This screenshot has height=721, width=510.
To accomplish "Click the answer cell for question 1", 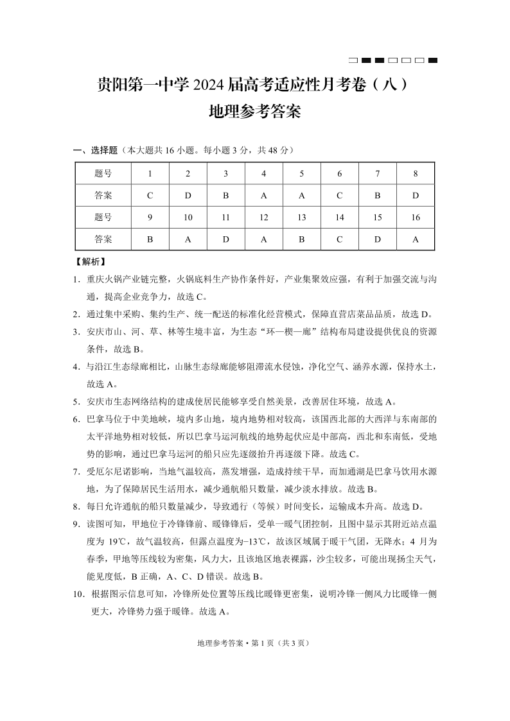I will point(150,195).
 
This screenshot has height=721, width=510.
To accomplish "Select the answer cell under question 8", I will point(416,195).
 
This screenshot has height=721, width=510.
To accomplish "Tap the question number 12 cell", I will point(264,217).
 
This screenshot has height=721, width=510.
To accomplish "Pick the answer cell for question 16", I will point(416,239).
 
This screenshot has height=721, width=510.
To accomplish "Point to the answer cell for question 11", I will point(226,239).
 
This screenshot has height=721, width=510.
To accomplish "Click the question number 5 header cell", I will point(302,173).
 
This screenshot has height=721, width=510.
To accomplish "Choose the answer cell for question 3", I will point(226,195).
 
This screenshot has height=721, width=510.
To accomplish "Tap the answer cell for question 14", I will point(340,239).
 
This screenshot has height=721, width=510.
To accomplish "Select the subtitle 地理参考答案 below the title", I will point(255,114).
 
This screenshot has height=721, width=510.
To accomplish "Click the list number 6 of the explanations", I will point(76,419).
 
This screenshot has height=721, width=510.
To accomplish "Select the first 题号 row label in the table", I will point(103,173).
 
